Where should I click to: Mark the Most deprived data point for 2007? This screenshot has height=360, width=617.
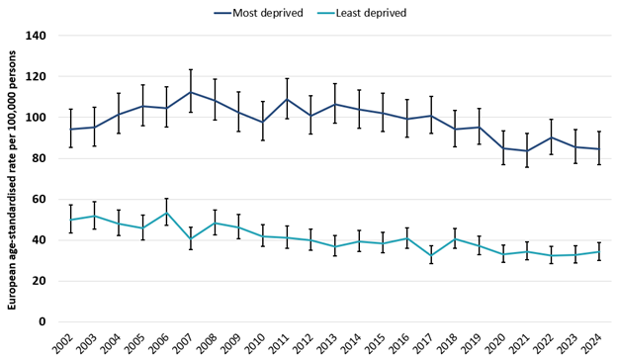(x=190, y=92)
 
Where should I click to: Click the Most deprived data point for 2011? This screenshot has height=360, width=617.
(x=287, y=99)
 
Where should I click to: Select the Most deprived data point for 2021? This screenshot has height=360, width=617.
(x=527, y=151)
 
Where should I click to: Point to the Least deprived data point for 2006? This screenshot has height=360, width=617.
(x=166, y=213)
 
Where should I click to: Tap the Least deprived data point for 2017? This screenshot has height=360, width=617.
(x=431, y=255)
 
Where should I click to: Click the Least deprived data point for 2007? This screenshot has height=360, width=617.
(x=190, y=238)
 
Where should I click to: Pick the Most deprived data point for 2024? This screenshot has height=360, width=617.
(x=599, y=149)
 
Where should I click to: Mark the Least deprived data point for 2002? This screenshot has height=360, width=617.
(x=70, y=220)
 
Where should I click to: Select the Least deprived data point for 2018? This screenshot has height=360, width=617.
(x=455, y=238)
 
